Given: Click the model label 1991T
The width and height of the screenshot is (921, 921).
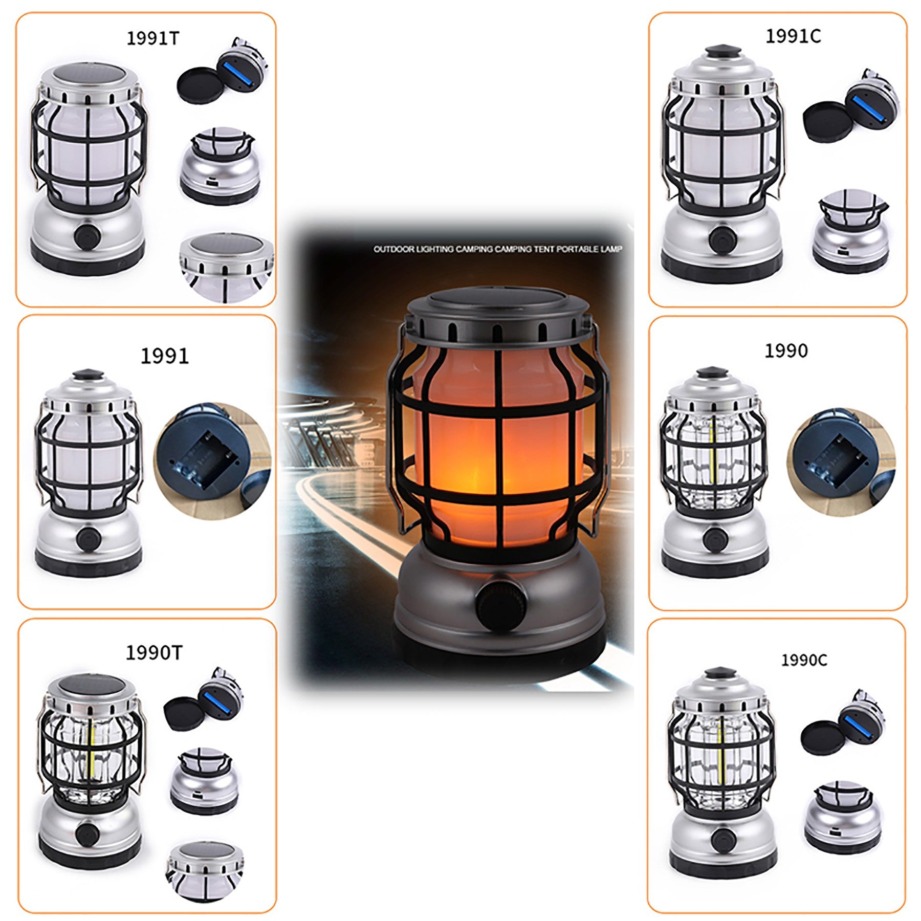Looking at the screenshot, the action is [x=153, y=38].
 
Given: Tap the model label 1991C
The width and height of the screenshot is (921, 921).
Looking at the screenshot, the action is [x=793, y=36].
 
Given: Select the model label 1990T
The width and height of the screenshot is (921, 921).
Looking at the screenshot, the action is [x=153, y=652].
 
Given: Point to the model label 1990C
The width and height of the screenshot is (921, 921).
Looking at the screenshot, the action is [x=803, y=660].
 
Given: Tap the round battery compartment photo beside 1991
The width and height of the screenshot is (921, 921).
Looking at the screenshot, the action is [x=212, y=460].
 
